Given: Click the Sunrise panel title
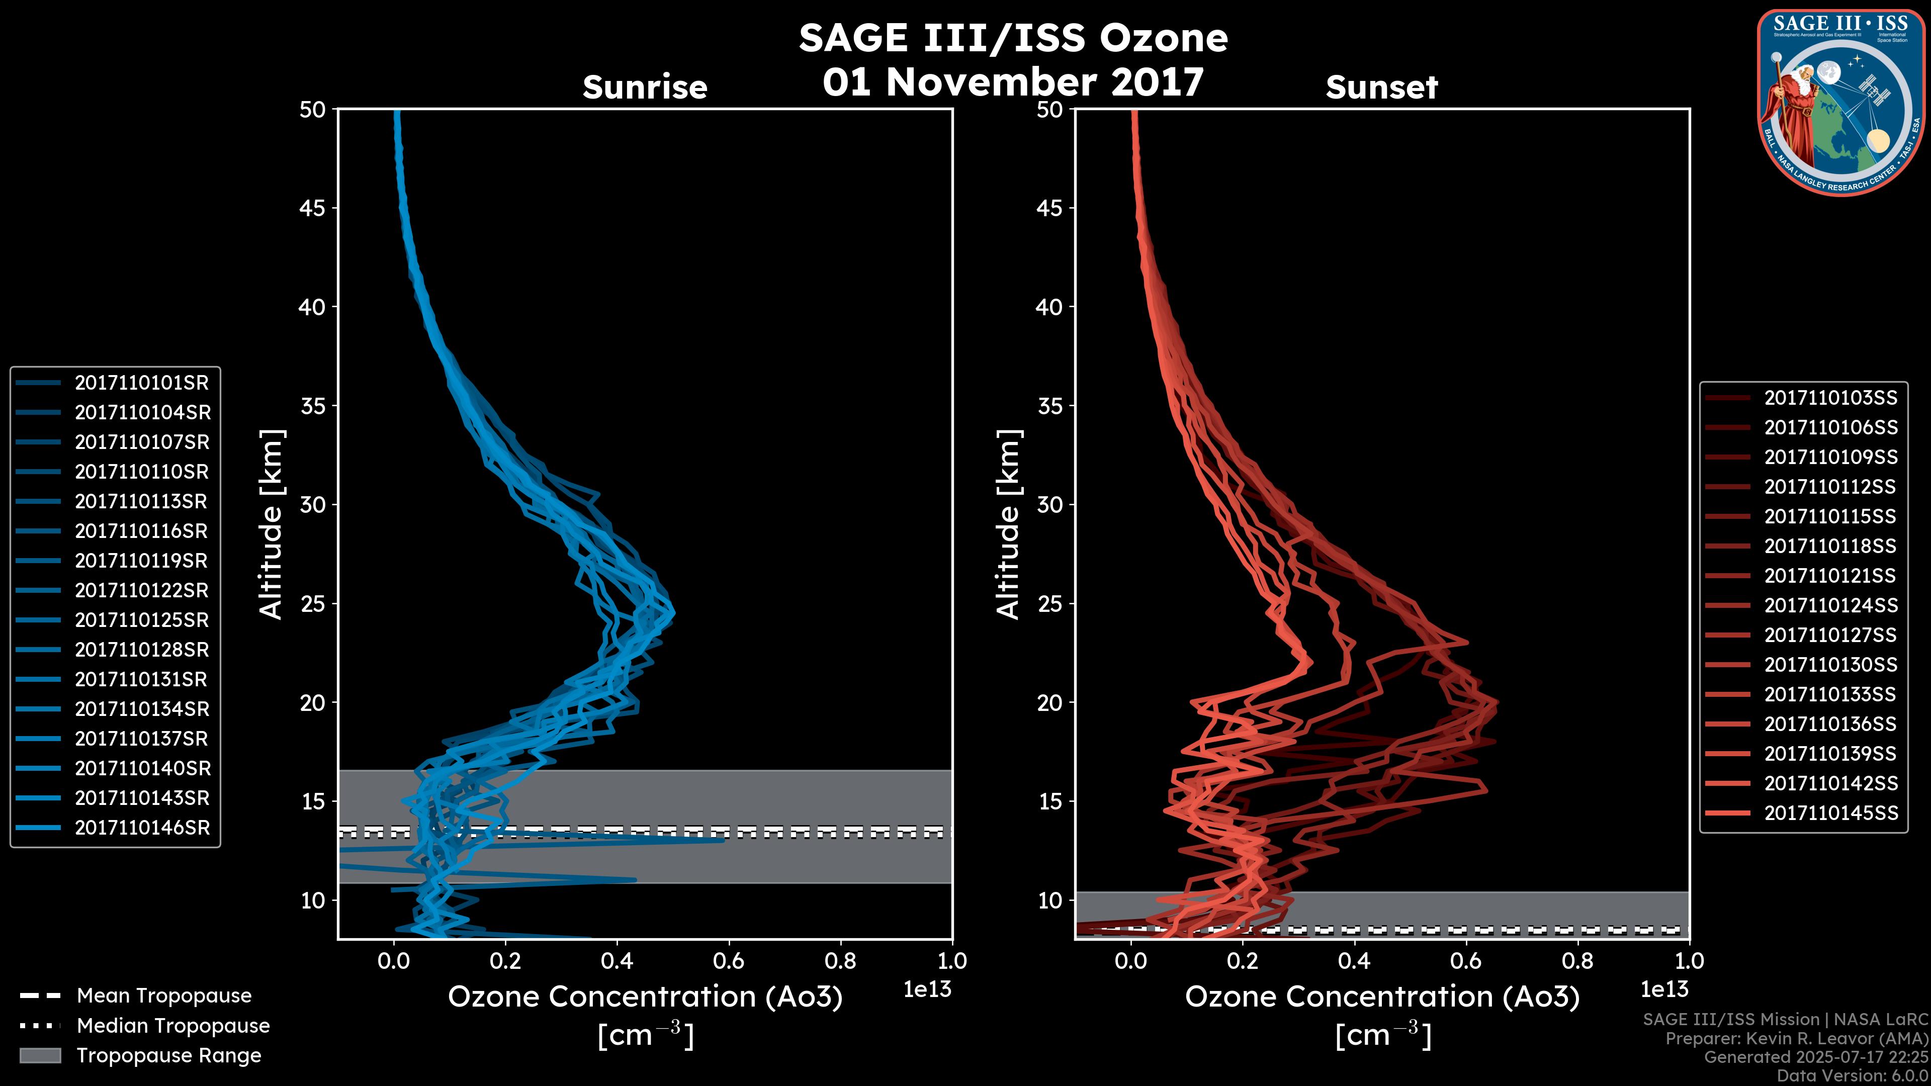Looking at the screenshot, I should [x=645, y=87].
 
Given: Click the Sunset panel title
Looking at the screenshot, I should [x=1381, y=87].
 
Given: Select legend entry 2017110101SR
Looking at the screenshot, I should [x=142, y=383].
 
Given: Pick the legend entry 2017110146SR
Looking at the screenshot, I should [x=142, y=828].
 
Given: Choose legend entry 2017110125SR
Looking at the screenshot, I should [x=142, y=620].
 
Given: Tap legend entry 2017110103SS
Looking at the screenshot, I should [x=1830, y=398].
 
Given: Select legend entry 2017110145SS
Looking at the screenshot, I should [x=1830, y=813].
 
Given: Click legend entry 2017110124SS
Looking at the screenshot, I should [x=1830, y=605].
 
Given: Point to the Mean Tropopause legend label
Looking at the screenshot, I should [x=164, y=996].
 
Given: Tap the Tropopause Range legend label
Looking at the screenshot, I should [x=168, y=1055].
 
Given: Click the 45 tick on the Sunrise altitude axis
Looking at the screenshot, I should [x=313, y=208].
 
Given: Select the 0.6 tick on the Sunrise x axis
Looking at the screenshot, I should [x=729, y=961].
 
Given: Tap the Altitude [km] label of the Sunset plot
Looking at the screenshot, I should [x=1009, y=524].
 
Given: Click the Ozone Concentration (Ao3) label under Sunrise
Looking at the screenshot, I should [x=645, y=997].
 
